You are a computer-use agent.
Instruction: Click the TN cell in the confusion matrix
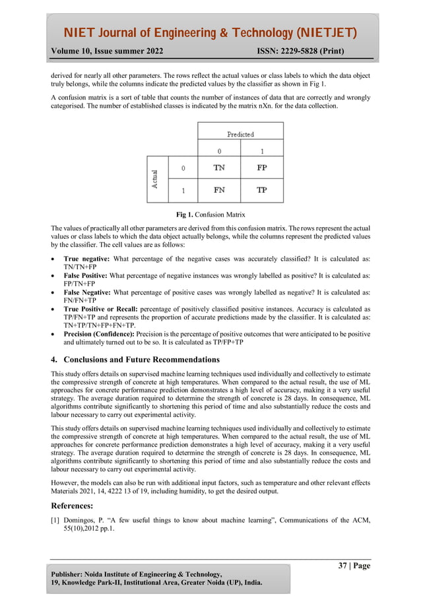pyautogui.click(x=219, y=168)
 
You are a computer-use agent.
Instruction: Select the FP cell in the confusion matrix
pyautogui.click(x=262, y=168)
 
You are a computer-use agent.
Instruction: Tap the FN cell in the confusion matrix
pyautogui.click(x=219, y=190)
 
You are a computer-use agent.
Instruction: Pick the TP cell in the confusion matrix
pyautogui.click(x=262, y=190)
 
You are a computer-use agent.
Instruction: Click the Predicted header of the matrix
pyautogui.click(x=240, y=134)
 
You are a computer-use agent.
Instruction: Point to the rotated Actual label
pyautogui.click(x=155, y=179)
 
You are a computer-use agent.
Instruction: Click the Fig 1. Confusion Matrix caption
pyautogui.click(x=210, y=215)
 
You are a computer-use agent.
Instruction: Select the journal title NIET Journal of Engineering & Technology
pyautogui.click(x=210, y=33)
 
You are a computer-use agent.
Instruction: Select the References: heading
pyautogui.click(x=73, y=506)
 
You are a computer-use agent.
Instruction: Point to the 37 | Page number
pyautogui.click(x=354, y=566)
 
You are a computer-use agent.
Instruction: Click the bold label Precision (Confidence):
pyautogui.click(x=98, y=335)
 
